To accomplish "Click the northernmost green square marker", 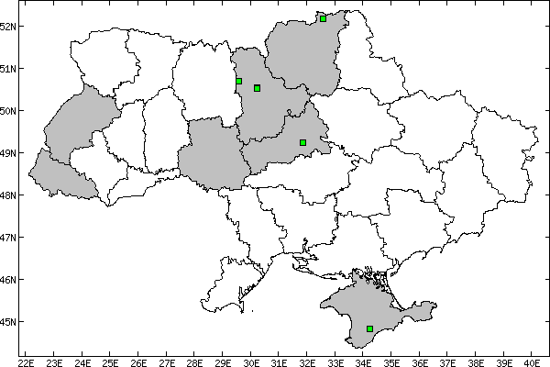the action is [x=324, y=18].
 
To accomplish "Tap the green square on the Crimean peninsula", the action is [x=369, y=328].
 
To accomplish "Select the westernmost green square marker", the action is [x=238, y=82].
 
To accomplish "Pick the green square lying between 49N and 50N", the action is [x=302, y=142].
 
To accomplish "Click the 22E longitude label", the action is [x=26, y=361].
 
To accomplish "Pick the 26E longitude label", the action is [x=138, y=361].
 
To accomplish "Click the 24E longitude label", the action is [x=82, y=361].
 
